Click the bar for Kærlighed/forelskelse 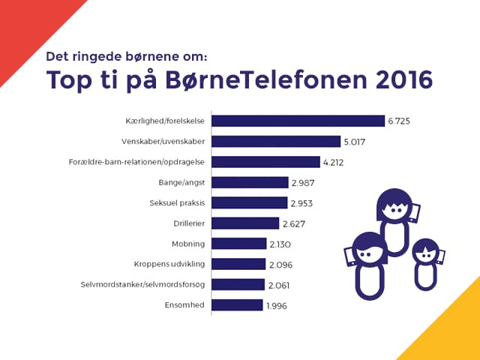click(x=298, y=121)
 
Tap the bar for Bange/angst click(x=250, y=182)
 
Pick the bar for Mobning click(x=238, y=243)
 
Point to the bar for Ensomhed click(x=237, y=304)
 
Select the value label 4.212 click(x=335, y=162)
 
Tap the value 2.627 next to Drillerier click(x=293, y=223)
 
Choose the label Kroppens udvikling click(x=170, y=264)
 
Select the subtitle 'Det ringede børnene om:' click(x=127, y=55)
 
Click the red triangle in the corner click(x=26, y=26)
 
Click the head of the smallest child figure click(x=425, y=252)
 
